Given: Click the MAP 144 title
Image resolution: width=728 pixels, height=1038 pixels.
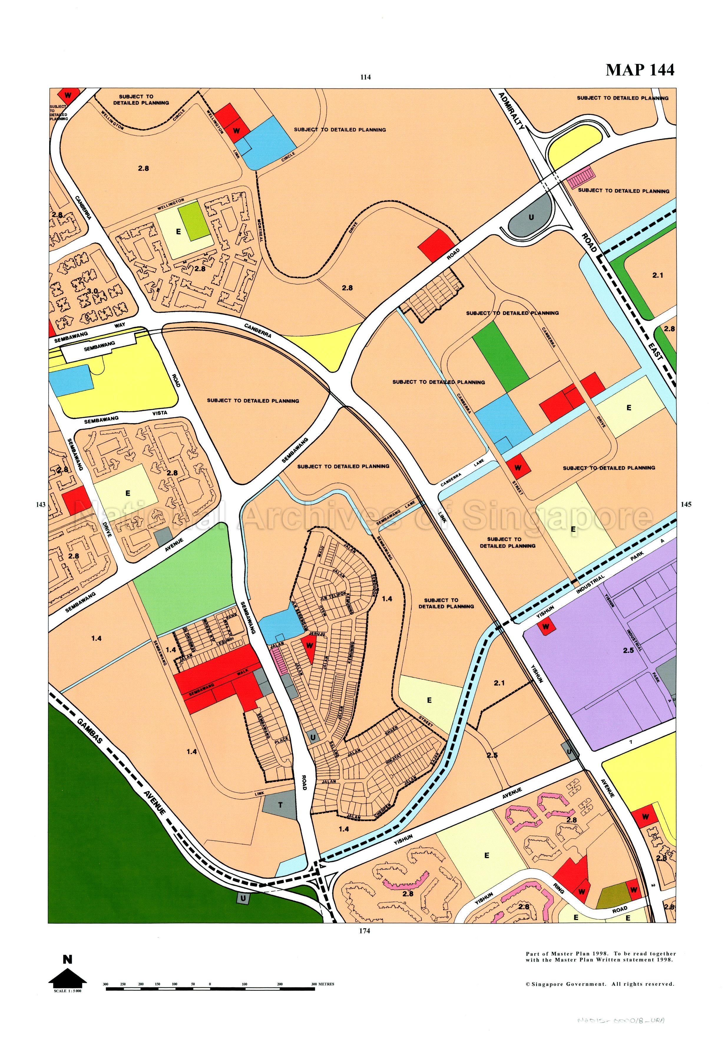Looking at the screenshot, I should coord(639,70).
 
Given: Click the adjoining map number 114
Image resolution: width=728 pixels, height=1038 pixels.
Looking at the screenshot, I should coord(365,77).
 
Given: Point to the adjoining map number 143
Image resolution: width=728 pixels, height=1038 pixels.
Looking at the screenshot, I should coord(41,505).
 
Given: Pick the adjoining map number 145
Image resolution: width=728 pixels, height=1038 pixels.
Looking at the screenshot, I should coord(686,505).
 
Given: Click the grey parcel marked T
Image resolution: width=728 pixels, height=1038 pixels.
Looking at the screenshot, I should coord(280,805).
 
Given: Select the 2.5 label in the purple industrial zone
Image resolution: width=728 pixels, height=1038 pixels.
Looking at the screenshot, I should coord(628,651).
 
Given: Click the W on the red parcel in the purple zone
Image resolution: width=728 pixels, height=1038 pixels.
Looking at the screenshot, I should coord(546,627).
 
